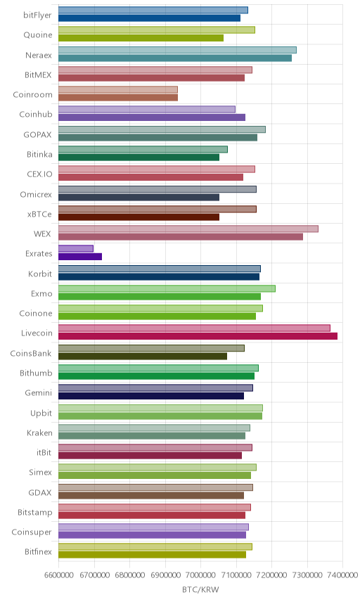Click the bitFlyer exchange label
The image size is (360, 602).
tap(37, 15)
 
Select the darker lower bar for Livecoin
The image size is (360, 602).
tap(198, 336)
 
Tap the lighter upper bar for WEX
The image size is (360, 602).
tap(188, 229)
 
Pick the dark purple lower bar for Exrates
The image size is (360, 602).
tap(80, 257)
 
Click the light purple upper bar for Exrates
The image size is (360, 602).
tap(76, 249)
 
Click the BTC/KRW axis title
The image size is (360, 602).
tap(200, 589)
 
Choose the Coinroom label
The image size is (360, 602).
tap(32, 94)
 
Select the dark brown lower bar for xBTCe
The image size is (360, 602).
tap(139, 217)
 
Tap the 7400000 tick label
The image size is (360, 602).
tap(342, 575)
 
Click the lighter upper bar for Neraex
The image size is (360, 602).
tap(177, 50)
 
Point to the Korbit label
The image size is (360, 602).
tap(40, 274)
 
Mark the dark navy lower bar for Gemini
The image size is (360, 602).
tap(151, 396)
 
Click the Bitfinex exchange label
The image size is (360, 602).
tap(38, 551)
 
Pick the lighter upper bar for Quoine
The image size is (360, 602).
tap(157, 30)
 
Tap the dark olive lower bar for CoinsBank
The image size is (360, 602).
tap(143, 357)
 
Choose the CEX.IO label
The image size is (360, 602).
tap(39, 174)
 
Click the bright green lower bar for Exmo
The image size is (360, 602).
tap(160, 296)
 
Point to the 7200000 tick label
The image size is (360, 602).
tap(271, 575)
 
